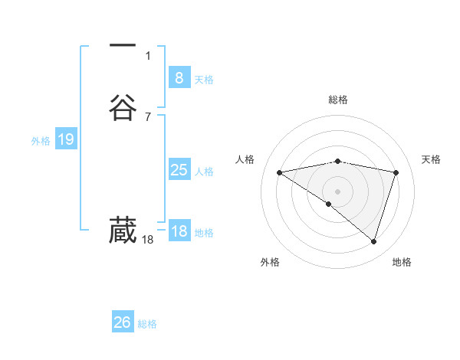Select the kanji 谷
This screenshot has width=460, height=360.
(123, 107)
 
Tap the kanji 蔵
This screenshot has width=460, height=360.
(123, 231)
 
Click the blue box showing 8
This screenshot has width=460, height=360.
(179, 77)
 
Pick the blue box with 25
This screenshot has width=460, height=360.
(179, 170)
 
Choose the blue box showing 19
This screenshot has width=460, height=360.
(65, 139)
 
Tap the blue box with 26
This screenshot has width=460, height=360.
(123, 322)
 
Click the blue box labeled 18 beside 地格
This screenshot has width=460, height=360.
(179, 231)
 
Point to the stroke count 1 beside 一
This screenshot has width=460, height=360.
(148, 56)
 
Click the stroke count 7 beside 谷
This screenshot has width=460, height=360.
(148, 116)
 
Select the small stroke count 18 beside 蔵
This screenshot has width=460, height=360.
(148, 240)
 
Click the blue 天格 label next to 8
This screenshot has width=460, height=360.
(204, 80)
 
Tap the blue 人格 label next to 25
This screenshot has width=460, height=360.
(204, 172)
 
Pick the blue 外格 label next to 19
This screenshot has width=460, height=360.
(41, 141)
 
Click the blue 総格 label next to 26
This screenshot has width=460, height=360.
(147, 325)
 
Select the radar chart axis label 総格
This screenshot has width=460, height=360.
(338, 100)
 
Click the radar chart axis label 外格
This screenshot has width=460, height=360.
(270, 262)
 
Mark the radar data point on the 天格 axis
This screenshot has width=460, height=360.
(396, 173)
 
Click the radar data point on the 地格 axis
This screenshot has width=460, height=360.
(373, 241)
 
